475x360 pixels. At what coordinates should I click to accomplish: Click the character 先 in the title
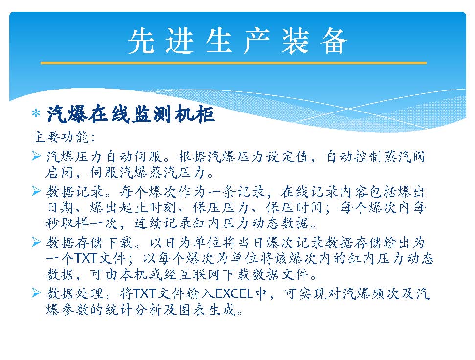coord(141,42)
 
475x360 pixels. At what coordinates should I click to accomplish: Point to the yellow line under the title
coord(233,63)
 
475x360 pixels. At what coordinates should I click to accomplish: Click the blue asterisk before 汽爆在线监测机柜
coord(36,114)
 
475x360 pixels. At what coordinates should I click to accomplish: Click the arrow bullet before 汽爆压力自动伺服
coord(36,156)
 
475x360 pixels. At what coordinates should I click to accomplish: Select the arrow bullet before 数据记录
coord(36,191)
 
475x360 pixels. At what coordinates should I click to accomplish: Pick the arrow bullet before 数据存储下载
coord(36,242)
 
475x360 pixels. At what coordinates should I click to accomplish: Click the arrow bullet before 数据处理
coord(36,293)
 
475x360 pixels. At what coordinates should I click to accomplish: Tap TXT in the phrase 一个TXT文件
coord(86,259)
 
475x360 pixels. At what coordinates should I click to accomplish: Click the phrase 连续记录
coord(163,224)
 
